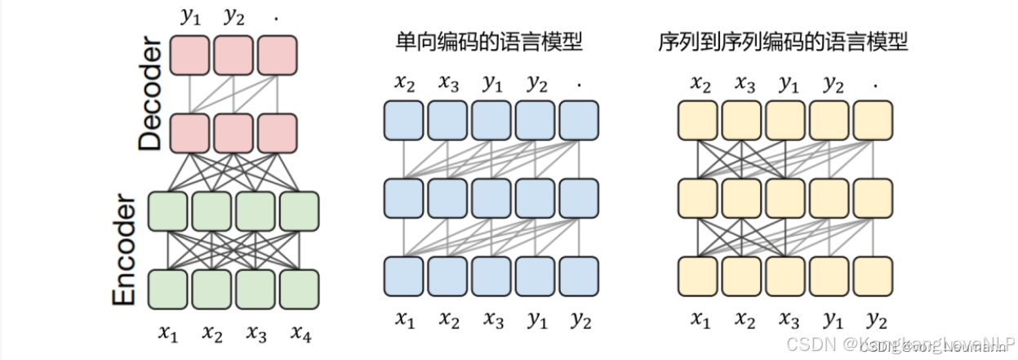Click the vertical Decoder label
pos(151,96)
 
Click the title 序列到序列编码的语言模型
pos(783,42)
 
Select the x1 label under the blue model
pos(404,320)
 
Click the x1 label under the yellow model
pos(699,320)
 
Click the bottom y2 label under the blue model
pos(580,320)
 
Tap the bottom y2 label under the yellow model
pos(875,320)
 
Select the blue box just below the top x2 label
pos(404,120)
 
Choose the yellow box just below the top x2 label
pos(699,120)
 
